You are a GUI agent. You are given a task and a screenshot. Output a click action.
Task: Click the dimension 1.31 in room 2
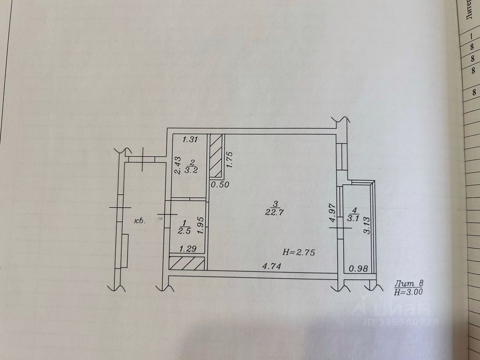(190, 140)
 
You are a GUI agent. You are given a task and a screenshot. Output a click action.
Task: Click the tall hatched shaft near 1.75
(217, 156)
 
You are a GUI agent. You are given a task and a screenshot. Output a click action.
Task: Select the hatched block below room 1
(187, 264)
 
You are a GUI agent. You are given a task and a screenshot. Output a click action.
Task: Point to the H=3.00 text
(408, 292)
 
